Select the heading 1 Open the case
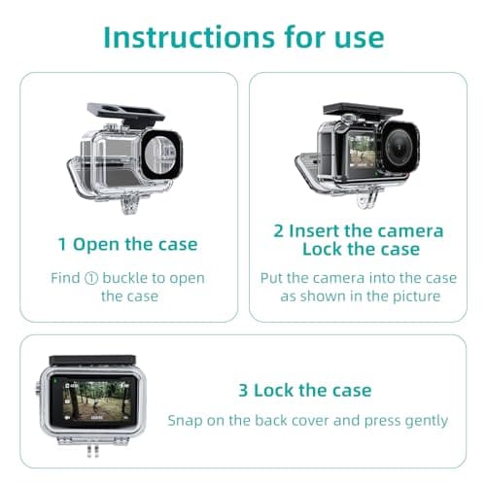[x=127, y=245]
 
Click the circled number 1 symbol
[x=91, y=278]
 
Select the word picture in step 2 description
[x=417, y=296]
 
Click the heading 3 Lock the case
[x=305, y=390]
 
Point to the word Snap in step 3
[x=185, y=421]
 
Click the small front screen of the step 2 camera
[x=362, y=151]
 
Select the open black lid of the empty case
[x=124, y=114]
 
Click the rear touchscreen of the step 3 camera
[x=94, y=399]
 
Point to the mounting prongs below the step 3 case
[x=92, y=451]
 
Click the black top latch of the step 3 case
[x=92, y=361]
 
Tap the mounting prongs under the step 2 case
[x=367, y=196]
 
